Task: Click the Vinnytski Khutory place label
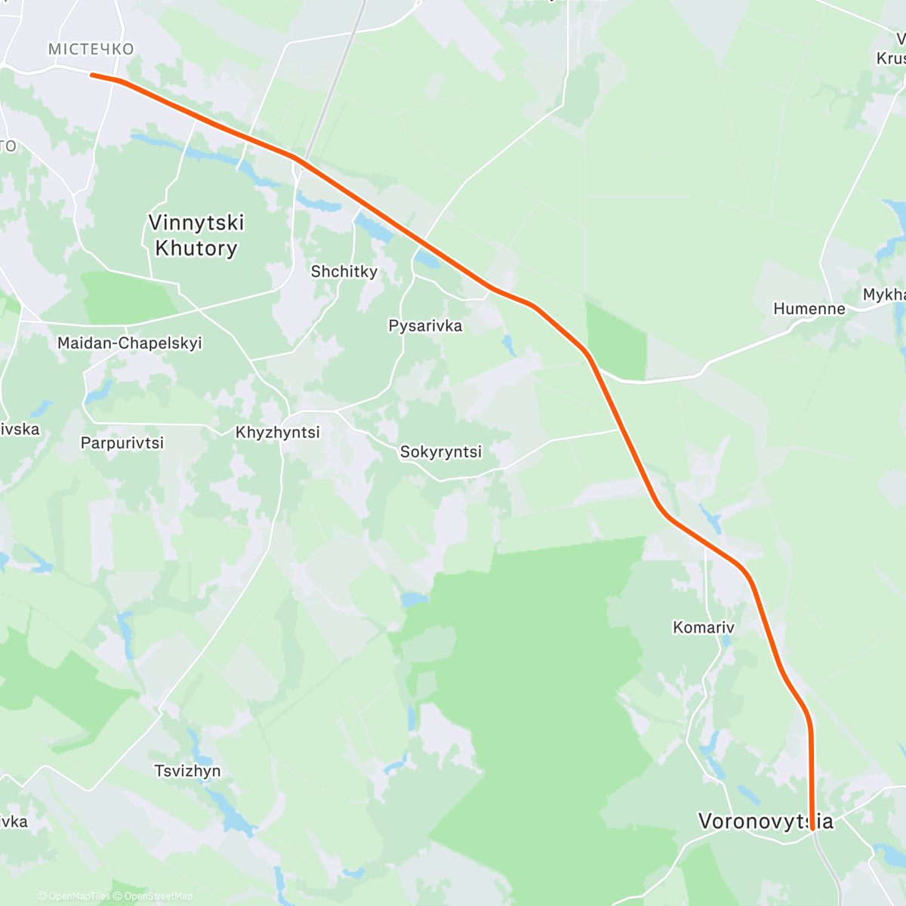point(196,236)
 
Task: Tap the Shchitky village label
point(344,271)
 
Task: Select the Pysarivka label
point(425,325)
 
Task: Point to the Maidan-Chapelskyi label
point(130,343)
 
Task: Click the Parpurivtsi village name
point(122,442)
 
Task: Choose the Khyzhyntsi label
point(278,433)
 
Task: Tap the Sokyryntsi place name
point(441,451)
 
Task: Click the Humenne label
point(809,308)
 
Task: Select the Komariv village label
point(704,627)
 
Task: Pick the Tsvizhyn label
point(187,770)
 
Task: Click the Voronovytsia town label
point(766,821)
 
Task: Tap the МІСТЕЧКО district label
point(91,49)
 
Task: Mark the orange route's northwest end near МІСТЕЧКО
point(91,74)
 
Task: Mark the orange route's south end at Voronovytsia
point(812,828)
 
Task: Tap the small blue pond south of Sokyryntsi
point(414,599)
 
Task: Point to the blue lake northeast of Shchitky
point(374,227)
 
